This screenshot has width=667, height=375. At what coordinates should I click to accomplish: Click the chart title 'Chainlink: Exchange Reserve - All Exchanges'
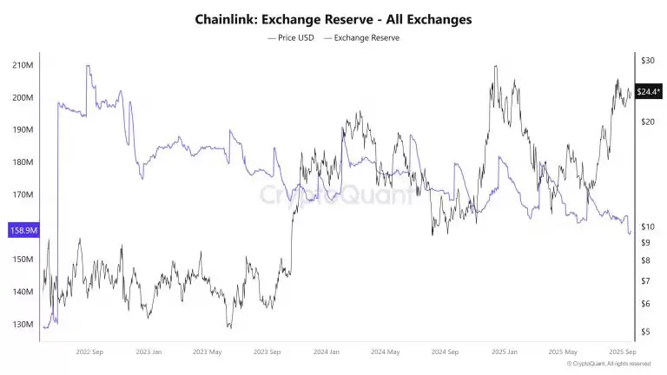(333, 19)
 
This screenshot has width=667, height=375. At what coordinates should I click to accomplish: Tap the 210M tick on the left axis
(23, 65)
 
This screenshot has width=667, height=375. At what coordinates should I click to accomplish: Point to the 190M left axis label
(23, 130)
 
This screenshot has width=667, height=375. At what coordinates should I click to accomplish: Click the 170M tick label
(23, 195)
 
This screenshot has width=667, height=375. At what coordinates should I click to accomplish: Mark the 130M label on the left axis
(23, 325)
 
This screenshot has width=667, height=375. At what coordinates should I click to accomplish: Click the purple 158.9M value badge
(22, 231)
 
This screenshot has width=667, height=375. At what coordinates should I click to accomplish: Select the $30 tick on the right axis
(646, 61)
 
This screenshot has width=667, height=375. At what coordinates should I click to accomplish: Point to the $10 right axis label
(646, 227)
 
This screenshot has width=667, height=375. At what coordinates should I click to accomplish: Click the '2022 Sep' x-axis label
(91, 352)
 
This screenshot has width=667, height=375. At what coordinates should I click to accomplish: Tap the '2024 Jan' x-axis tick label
(326, 352)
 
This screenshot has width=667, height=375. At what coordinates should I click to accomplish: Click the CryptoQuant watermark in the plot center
(339, 196)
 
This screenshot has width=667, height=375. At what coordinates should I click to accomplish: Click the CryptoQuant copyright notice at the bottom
(611, 365)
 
